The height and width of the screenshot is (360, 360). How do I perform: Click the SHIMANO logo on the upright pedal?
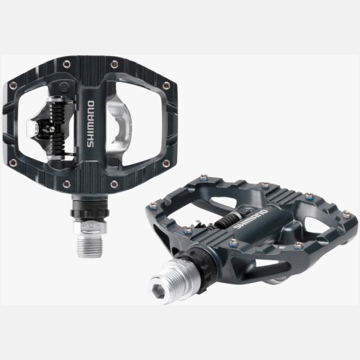[91, 124]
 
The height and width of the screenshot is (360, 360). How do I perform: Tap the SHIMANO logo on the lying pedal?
[250, 219]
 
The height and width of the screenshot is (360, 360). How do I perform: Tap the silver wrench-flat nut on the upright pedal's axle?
[90, 228]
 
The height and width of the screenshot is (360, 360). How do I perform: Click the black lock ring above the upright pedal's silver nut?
[90, 212]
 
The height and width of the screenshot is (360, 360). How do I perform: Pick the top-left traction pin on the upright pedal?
[66, 64]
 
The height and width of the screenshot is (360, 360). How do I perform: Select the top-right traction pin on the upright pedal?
[114, 64]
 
